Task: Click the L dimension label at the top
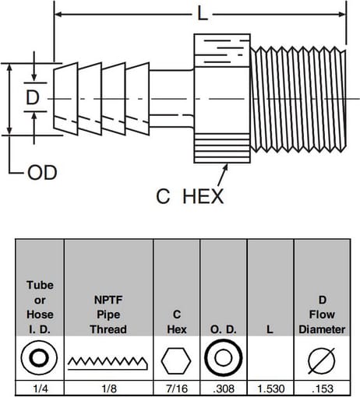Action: click(203, 13)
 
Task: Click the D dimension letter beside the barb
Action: click(33, 97)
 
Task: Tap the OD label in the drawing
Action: click(42, 173)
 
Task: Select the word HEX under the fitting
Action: click(203, 196)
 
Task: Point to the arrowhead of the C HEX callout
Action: click(226, 167)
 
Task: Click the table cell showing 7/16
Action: click(177, 388)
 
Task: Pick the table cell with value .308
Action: click(224, 388)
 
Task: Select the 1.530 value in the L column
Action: click(270, 388)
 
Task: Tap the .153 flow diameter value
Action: click(323, 388)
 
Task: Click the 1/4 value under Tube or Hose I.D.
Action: click(41, 388)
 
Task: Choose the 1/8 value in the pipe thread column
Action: click(109, 388)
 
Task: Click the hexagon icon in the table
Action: click(176, 361)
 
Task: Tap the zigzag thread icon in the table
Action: click(108, 363)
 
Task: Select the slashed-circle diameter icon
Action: click(322, 361)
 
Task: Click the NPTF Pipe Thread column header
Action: click(108, 314)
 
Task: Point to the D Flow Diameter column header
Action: click(322, 314)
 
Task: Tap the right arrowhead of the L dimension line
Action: click(342, 14)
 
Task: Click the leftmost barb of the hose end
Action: click(65, 99)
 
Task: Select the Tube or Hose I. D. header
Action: click(40, 307)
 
